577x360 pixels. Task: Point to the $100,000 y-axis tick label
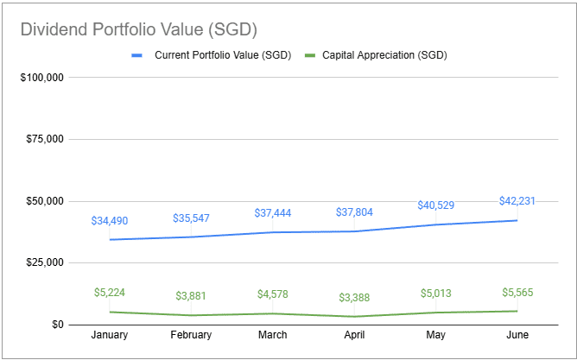pyautogui.click(x=41, y=78)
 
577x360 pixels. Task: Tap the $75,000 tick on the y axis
pyautogui.click(x=44, y=139)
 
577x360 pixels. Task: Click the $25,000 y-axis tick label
pyautogui.click(x=44, y=262)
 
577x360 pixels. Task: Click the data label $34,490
pyautogui.click(x=110, y=221)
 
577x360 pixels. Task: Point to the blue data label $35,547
pyautogui.click(x=191, y=218)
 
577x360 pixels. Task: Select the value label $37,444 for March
pyautogui.click(x=272, y=213)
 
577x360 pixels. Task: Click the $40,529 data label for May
pyautogui.click(x=435, y=205)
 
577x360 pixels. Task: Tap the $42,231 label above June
pyautogui.click(x=517, y=201)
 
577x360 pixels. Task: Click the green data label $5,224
pyautogui.click(x=110, y=293)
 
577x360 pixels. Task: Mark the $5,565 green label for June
pyautogui.click(x=517, y=292)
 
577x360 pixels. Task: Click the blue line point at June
pyautogui.click(x=517, y=220)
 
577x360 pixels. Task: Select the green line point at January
pyautogui.click(x=110, y=312)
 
